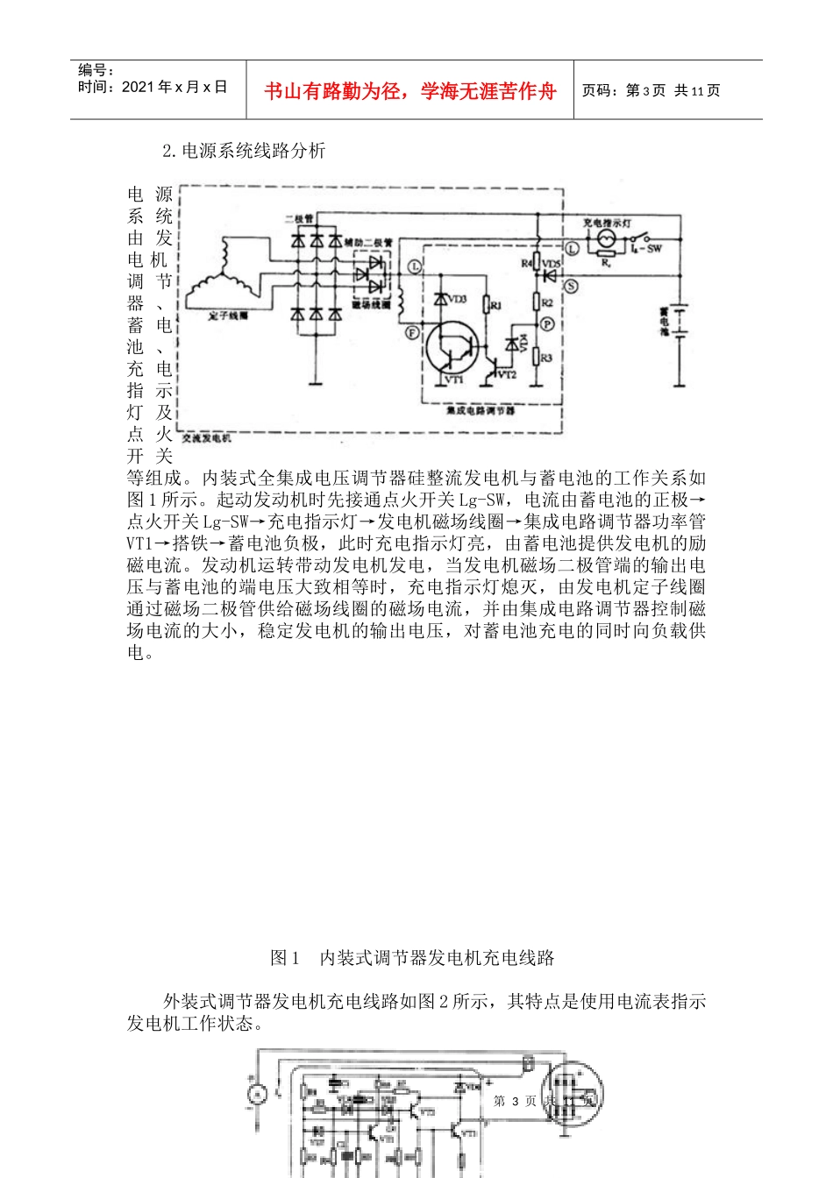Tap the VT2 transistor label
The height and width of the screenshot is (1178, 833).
click(507, 374)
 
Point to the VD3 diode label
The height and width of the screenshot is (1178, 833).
click(458, 300)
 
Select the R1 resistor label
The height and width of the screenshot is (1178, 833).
click(495, 306)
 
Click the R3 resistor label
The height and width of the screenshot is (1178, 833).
click(546, 358)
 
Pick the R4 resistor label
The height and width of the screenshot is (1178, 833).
click(526, 263)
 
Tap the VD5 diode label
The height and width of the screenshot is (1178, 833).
click(552, 263)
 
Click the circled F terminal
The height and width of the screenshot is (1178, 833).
click(412, 332)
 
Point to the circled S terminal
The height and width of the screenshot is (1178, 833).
click(571, 286)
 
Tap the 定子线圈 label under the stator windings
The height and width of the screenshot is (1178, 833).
click(228, 316)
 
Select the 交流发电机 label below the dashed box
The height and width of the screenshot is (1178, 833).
click(207, 437)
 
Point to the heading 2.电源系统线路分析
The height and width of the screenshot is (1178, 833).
click(244, 151)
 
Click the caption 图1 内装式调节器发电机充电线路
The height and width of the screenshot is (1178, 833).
click(412, 958)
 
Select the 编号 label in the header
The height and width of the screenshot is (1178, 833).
click(96, 70)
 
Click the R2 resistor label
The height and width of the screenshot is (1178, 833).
click(547, 302)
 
